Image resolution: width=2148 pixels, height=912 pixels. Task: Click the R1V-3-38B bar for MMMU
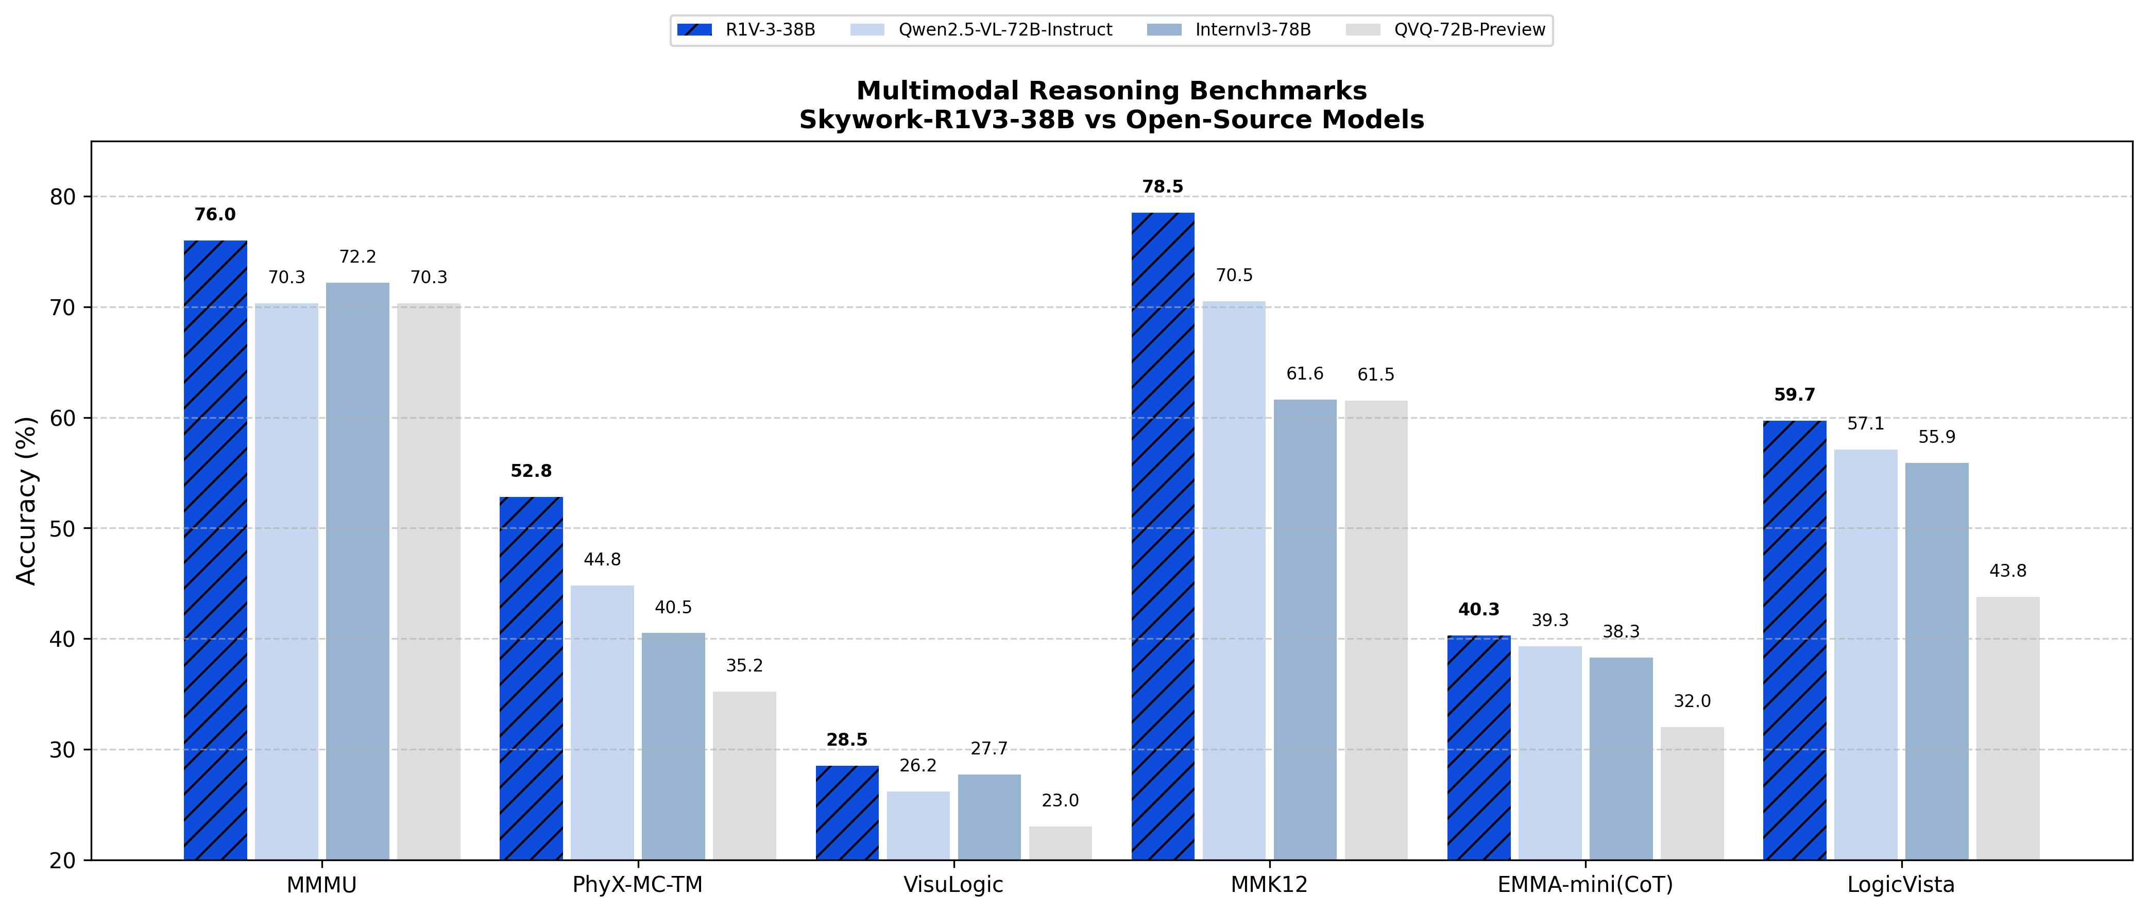click(x=215, y=550)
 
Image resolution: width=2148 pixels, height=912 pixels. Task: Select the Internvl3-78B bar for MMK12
click(x=1305, y=629)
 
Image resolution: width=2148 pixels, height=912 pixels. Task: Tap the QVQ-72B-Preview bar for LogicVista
click(x=2008, y=728)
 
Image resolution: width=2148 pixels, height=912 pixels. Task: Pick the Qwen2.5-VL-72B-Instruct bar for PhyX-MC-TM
click(x=602, y=722)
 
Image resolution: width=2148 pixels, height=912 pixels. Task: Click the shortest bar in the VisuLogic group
click(x=1060, y=843)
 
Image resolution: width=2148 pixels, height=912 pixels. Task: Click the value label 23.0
click(x=1060, y=800)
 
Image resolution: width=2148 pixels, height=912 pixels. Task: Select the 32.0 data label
click(x=1692, y=701)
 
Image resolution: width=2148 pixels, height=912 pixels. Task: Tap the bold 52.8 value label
click(x=531, y=471)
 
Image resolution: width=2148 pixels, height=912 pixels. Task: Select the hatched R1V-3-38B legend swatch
click(x=694, y=30)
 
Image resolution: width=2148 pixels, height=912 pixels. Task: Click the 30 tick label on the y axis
click(x=62, y=749)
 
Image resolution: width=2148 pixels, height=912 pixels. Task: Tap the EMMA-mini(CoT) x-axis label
click(x=1585, y=885)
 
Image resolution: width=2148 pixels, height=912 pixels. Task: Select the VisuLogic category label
click(x=953, y=885)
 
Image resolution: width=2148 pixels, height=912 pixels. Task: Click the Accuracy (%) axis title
click(x=27, y=500)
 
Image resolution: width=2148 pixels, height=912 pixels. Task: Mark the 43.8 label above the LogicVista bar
click(x=2008, y=571)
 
